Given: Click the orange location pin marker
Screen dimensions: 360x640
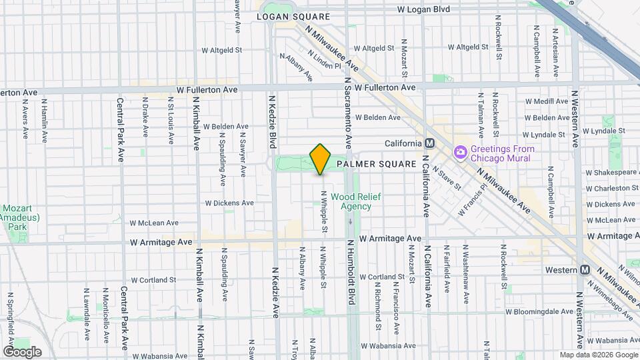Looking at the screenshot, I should coord(320,159).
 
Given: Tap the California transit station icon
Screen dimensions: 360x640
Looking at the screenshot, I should coord(429,143).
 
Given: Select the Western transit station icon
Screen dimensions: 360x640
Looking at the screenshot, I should coord(585,269).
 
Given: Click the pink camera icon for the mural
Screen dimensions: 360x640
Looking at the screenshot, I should coord(460,153).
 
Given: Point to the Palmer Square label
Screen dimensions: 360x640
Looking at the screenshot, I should coord(376,163).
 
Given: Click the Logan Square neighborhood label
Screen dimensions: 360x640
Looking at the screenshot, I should coord(293,16).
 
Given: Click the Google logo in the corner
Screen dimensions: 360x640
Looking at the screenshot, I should coord(22,351).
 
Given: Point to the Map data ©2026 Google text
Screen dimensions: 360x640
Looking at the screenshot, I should coord(598,355).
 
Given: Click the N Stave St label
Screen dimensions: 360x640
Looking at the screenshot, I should coord(447,177).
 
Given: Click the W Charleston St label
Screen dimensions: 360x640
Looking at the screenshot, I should coord(611,189).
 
